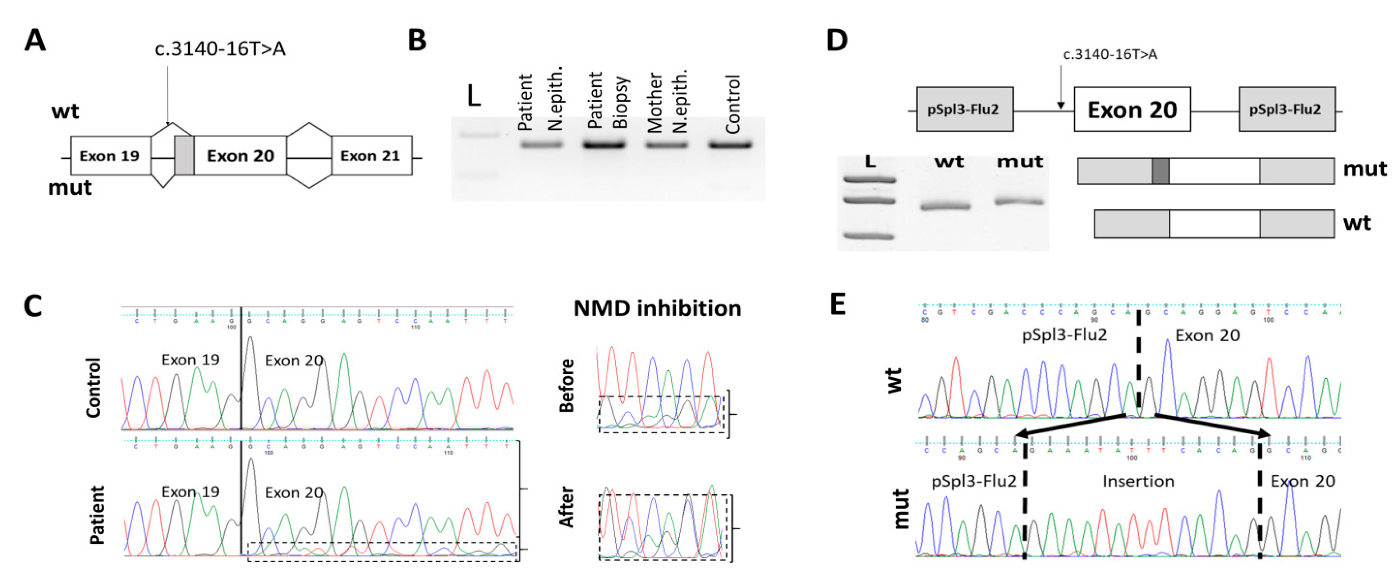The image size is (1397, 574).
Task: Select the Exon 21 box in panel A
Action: click(x=371, y=156)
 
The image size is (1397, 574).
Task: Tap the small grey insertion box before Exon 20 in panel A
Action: click(x=184, y=155)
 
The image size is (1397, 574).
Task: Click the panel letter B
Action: click(x=417, y=41)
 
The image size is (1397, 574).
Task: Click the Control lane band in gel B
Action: click(x=730, y=145)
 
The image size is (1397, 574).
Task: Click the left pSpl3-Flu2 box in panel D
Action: click(x=964, y=109)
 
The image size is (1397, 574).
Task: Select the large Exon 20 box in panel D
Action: click(x=1132, y=109)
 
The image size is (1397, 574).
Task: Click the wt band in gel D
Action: click(x=945, y=206)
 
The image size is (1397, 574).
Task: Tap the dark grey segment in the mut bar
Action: click(x=1160, y=171)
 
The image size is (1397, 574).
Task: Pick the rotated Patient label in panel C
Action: click(x=97, y=514)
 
